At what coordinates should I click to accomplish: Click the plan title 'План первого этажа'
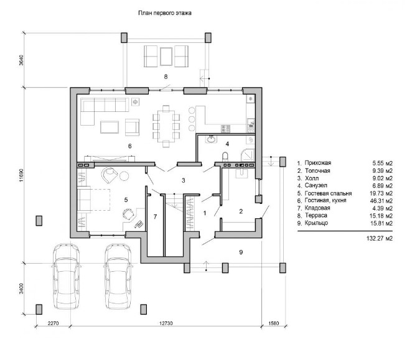165,13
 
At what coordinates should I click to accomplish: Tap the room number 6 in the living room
130,146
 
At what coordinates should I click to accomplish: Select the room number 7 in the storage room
155,216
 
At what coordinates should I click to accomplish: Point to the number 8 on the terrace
166,76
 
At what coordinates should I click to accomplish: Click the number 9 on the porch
241,252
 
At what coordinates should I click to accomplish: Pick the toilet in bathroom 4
225,157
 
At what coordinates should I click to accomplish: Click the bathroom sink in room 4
211,139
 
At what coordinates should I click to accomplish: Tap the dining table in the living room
166,127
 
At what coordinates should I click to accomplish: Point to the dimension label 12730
166,323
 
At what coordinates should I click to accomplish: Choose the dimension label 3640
22,60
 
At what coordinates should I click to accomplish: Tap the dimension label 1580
274,323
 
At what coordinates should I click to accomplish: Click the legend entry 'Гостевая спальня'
328,193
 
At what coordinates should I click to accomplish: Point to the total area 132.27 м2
380,238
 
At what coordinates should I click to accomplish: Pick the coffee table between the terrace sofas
166,57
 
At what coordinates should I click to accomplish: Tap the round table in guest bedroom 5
124,176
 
